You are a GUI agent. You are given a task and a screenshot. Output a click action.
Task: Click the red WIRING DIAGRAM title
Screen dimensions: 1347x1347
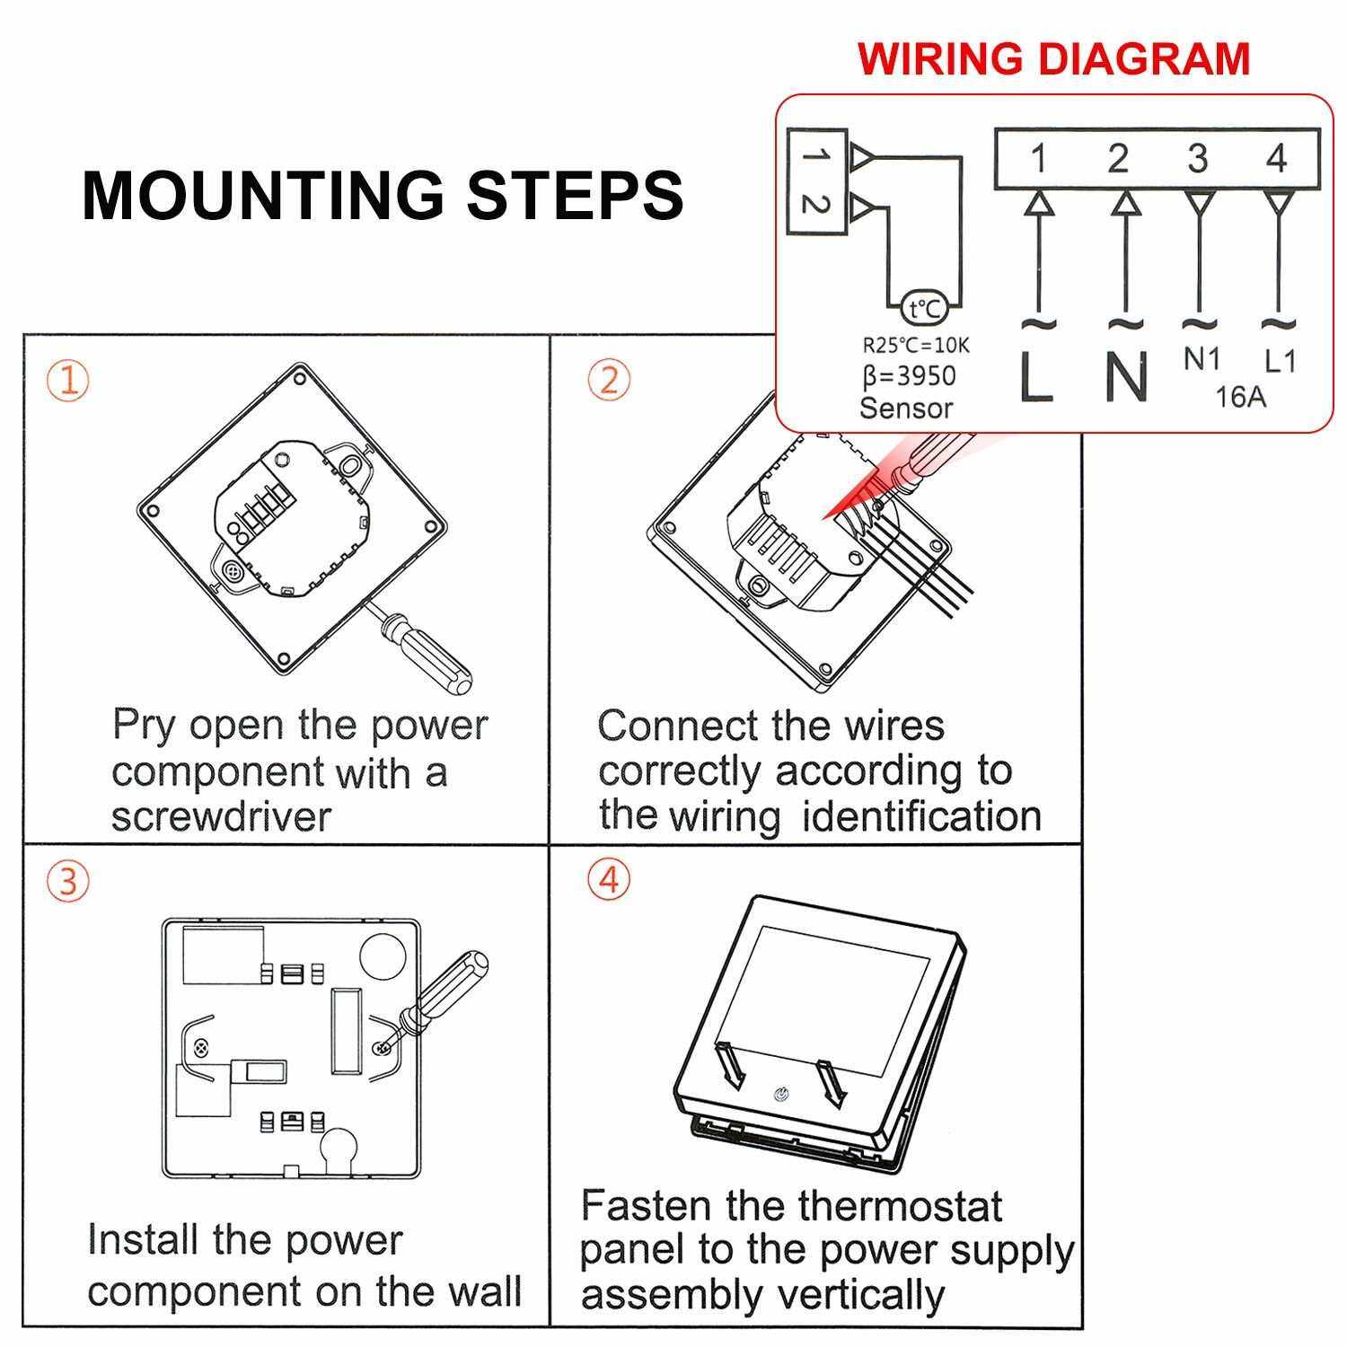click(1053, 58)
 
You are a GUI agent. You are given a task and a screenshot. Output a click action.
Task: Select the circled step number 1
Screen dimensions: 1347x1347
click(68, 381)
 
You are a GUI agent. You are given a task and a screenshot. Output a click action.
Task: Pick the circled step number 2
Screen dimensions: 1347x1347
click(609, 380)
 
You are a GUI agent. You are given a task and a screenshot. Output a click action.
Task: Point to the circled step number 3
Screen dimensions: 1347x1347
click(68, 881)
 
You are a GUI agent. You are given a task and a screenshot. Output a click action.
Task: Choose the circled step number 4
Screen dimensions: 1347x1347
click(609, 879)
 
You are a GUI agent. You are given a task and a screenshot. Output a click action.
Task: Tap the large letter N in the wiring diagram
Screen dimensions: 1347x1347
click(1126, 376)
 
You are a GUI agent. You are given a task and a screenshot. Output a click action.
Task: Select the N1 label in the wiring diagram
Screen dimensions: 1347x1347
click(1202, 359)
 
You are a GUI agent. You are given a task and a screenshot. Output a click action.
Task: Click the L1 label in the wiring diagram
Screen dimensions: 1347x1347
click(1280, 361)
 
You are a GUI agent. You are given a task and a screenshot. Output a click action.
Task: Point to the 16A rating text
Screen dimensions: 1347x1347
click(1240, 396)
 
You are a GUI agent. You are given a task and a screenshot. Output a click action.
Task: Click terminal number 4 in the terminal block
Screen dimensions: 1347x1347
click(1276, 159)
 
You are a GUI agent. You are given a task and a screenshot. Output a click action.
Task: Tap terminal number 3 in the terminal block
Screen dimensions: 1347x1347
click(1197, 159)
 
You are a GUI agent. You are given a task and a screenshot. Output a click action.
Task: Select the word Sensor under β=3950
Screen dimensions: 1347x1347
click(905, 408)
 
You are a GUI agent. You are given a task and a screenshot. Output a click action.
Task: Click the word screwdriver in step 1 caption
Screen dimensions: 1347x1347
click(221, 816)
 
